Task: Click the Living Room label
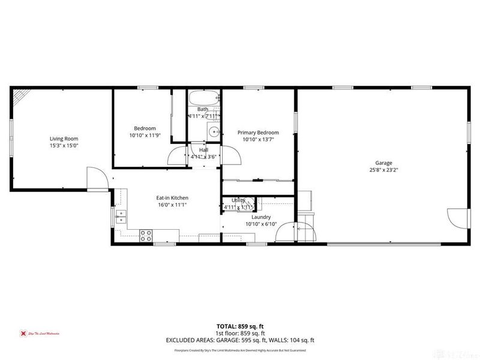pyautogui.click(x=64, y=139)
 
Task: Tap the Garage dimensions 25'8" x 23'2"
pyautogui.click(x=383, y=170)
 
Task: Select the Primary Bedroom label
pyautogui.click(x=258, y=133)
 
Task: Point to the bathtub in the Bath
pyautogui.click(x=203, y=99)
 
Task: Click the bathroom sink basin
pyautogui.click(x=214, y=133)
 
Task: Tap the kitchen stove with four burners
pyautogui.click(x=146, y=235)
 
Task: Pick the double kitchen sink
pyautogui.click(x=121, y=217)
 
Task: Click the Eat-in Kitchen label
pyautogui.click(x=173, y=197)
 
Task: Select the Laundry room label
pyautogui.click(x=261, y=217)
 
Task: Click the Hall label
pyautogui.click(x=203, y=150)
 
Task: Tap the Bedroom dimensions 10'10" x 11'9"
pyautogui.click(x=145, y=135)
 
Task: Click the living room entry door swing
pyautogui.click(x=96, y=178)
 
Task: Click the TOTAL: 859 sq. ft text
pyautogui.click(x=239, y=327)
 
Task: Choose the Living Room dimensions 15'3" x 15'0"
pyautogui.click(x=64, y=146)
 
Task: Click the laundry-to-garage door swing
pyautogui.click(x=304, y=232)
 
